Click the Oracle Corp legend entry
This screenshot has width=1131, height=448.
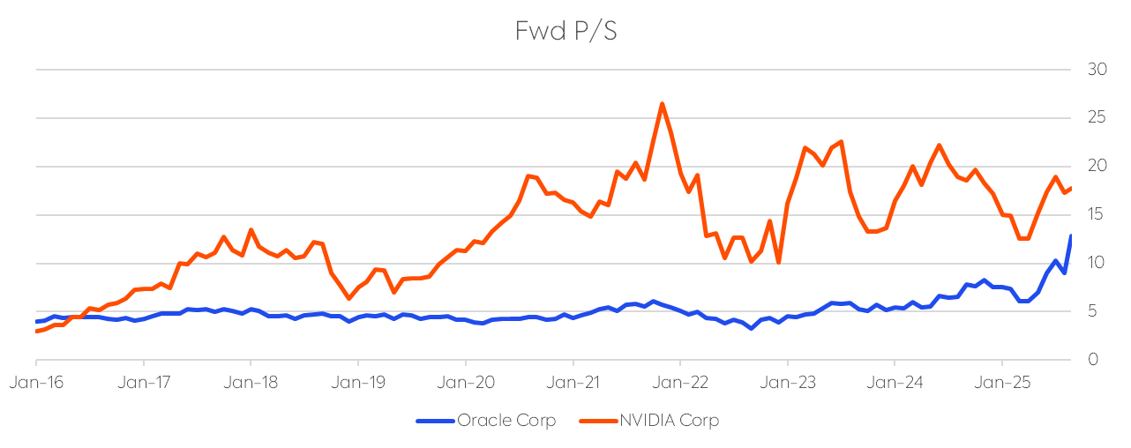(x=506, y=421)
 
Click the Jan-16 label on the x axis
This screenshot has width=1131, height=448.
(x=36, y=384)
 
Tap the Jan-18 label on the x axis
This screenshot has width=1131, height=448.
(x=251, y=384)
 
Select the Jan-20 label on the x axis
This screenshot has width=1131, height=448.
(x=466, y=384)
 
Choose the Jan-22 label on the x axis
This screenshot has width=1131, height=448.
(x=680, y=384)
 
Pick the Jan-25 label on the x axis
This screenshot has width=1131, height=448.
(x=1002, y=384)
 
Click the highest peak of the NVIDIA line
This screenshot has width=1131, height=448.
(x=662, y=104)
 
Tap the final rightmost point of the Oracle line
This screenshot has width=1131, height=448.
(x=1071, y=235)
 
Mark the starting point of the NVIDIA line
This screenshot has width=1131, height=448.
(x=36, y=331)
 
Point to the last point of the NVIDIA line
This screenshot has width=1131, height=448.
(x=1071, y=188)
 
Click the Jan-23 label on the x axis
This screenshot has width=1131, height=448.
(x=788, y=384)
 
